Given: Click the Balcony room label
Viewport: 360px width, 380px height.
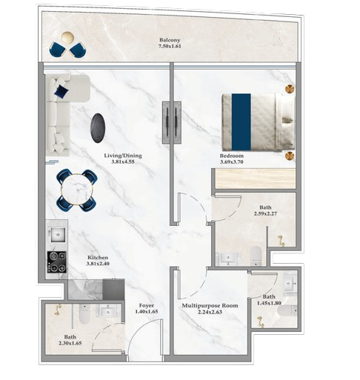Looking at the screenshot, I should pyautogui.click(x=170, y=40).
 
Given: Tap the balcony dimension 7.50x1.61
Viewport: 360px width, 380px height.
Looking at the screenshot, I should pyautogui.click(x=170, y=47).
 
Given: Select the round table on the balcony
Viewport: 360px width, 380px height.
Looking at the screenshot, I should pyautogui.click(x=67, y=39).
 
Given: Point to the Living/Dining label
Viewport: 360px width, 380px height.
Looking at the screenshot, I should pyautogui.click(x=122, y=156).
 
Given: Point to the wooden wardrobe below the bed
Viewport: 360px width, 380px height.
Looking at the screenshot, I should pyautogui.click(x=254, y=179).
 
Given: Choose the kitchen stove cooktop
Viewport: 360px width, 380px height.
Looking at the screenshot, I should pyautogui.click(x=57, y=262).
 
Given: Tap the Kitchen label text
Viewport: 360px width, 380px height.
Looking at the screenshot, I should pyautogui.click(x=99, y=256).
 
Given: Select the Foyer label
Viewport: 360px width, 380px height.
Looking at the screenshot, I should pyautogui.click(x=147, y=305).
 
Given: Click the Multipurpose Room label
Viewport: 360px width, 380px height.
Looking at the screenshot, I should pyautogui.click(x=210, y=305).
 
